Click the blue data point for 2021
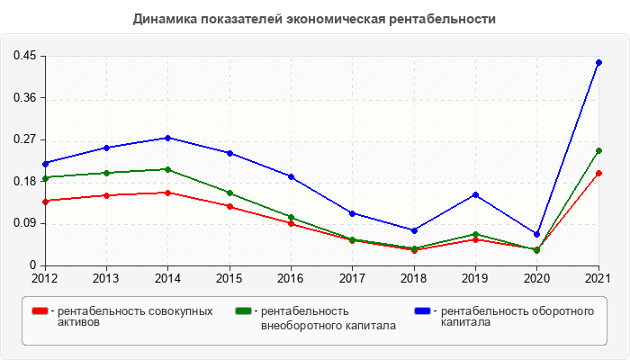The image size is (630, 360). pyautogui.click(x=598, y=62)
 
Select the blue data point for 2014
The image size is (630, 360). pyautogui.click(x=167, y=138)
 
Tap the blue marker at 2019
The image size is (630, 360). pyautogui.click(x=475, y=194)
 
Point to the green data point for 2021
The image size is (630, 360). pyautogui.click(x=598, y=151)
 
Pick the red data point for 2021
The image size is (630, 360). pyautogui.click(x=598, y=173)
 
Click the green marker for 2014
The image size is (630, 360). pyautogui.click(x=167, y=169)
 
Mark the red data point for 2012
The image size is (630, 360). pyautogui.click(x=45, y=201)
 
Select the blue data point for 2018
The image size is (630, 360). pyautogui.click(x=414, y=230)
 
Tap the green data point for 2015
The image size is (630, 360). pyautogui.click(x=229, y=193)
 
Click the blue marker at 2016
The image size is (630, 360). pyautogui.click(x=291, y=176)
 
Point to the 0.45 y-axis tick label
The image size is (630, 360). pyautogui.click(x=24, y=56)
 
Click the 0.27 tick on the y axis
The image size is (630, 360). pyautogui.click(x=24, y=139)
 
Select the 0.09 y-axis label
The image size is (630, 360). pyautogui.click(x=24, y=223)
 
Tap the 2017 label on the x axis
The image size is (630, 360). pyautogui.click(x=352, y=278)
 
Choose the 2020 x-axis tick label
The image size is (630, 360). pyautogui.click(x=536, y=278)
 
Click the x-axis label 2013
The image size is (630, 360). pyautogui.click(x=106, y=278)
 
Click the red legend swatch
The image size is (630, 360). pyautogui.click(x=40, y=311)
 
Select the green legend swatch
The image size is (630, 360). pyautogui.click(x=243, y=311)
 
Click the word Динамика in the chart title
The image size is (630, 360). pyautogui.click(x=162, y=18)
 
